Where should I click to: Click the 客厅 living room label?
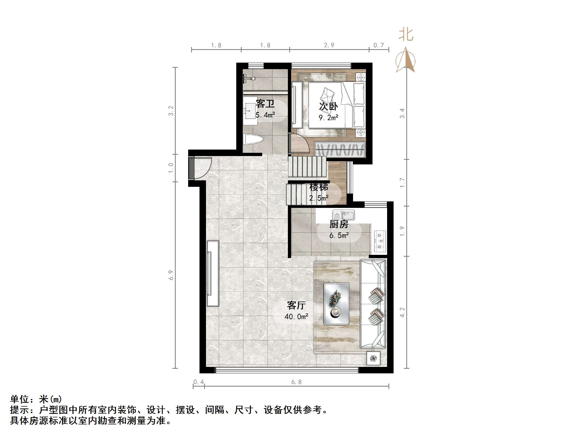pyautogui.click(x=296, y=305)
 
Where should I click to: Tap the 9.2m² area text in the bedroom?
pyautogui.click(x=328, y=118)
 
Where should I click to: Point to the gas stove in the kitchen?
pyautogui.click(x=380, y=241)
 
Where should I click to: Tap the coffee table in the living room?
pyautogui.click(x=336, y=303)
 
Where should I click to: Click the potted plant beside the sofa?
pyautogui.click(x=373, y=358)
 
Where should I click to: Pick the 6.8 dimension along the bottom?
pyautogui.click(x=296, y=382)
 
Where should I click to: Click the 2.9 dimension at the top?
pyautogui.click(x=329, y=45)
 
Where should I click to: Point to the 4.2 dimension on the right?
pyautogui.click(x=402, y=312)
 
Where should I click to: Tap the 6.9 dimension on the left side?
pyautogui.click(x=171, y=275)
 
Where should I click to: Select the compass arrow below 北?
pyautogui.click(x=405, y=60)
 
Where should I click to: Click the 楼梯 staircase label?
pyautogui.click(x=319, y=187)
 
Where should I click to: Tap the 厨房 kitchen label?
pyautogui.click(x=339, y=224)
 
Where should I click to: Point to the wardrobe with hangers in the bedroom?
pyautogui.click(x=340, y=149)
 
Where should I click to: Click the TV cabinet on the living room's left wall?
pyautogui.click(x=212, y=273)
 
